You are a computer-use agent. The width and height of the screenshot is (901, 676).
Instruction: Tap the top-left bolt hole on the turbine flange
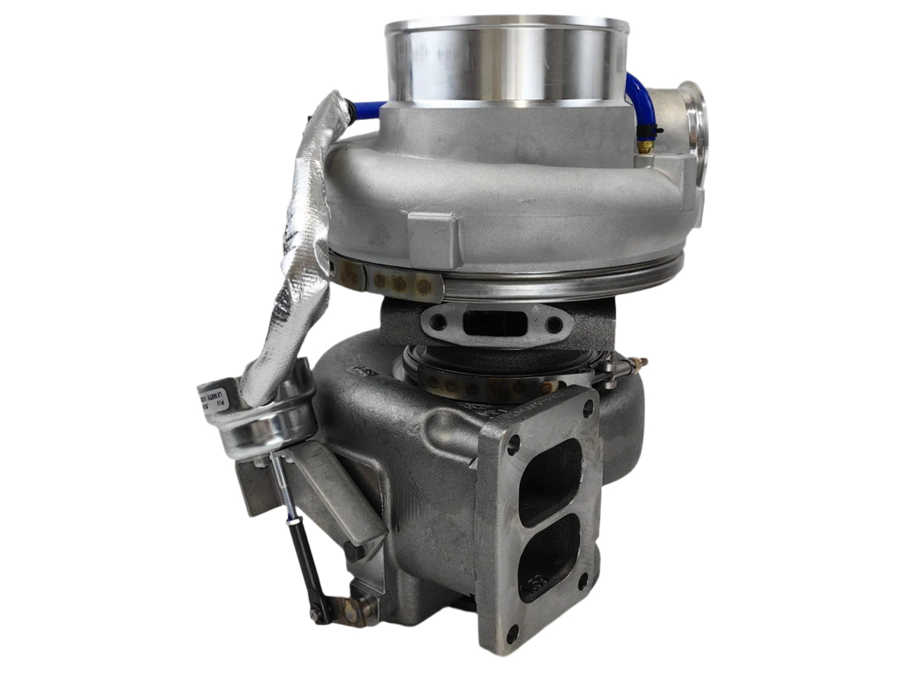(x=513, y=445)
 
